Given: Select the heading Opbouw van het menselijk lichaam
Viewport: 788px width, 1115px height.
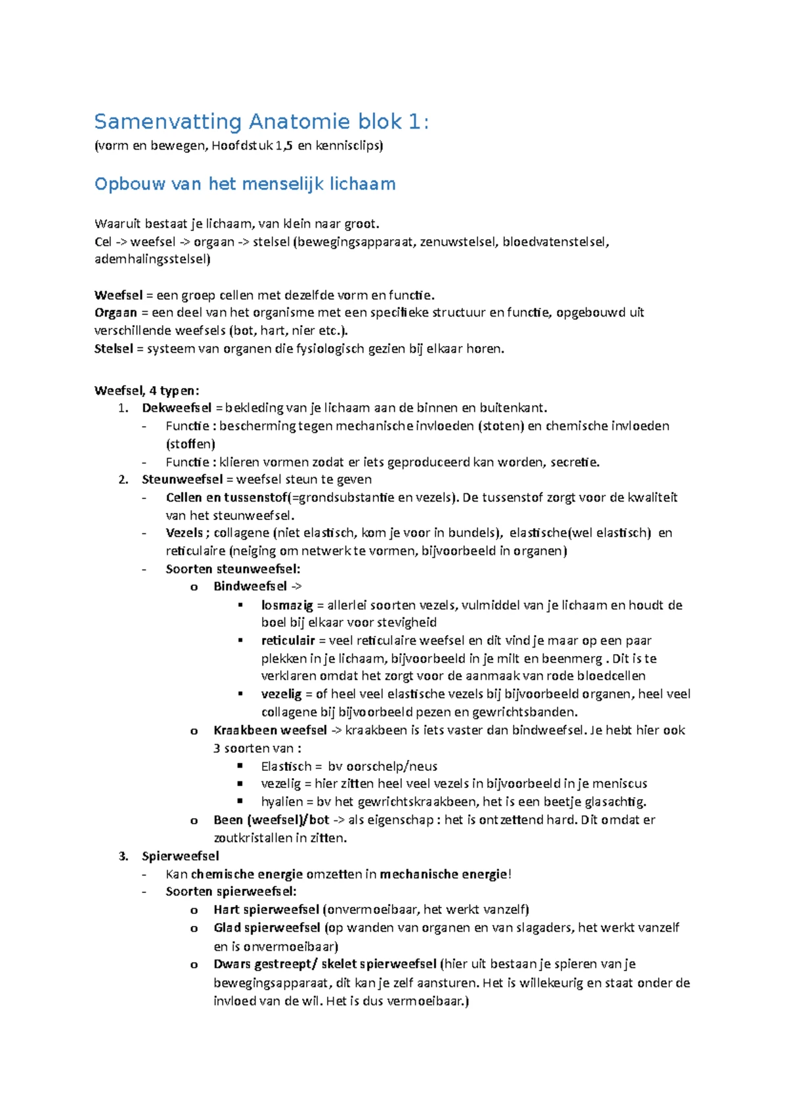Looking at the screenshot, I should click(245, 184).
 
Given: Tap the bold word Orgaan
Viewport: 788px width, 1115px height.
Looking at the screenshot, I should click(116, 313).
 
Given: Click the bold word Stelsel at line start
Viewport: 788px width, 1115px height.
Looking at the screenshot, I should click(114, 349).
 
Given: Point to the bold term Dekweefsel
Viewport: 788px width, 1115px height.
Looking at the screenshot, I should click(177, 408).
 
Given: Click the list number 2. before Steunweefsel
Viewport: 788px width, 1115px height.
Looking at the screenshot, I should click(123, 479).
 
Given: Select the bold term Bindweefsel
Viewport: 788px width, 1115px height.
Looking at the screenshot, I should click(250, 586).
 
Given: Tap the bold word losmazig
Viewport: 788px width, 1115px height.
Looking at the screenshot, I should click(287, 605).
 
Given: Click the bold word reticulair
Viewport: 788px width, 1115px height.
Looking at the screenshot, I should click(288, 640).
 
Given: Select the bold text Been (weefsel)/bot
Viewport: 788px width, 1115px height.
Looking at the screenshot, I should click(271, 820).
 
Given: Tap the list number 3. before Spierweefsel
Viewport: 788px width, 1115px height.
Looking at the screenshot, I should click(123, 856).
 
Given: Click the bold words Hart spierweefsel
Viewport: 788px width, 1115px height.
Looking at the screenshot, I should click(266, 909).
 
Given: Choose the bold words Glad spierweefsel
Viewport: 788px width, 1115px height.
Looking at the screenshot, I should click(267, 928).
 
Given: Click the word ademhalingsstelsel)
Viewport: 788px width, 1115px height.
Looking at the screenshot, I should click(152, 259).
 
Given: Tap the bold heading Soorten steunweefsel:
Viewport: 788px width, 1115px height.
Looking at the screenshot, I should click(232, 569).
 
